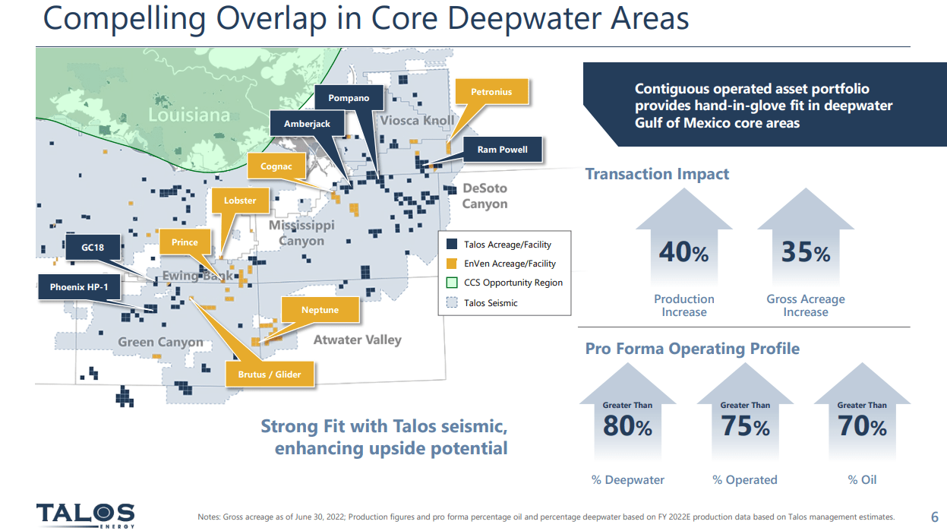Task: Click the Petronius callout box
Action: click(491, 92)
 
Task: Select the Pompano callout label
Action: click(349, 98)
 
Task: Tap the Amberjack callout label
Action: click(308, 124)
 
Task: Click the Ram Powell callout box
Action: click(502, 150)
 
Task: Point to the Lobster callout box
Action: click(240, 201)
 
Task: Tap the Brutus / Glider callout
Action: click(270, 374)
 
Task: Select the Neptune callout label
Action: click(320, 310)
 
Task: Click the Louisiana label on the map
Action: click(188, 115)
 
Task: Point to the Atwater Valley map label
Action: click(357, 340)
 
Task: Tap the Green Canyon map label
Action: click(160, 342)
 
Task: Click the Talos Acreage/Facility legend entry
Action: click(507, 245)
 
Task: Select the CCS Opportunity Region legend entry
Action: click(513, 283)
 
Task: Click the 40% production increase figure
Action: click(683, 252)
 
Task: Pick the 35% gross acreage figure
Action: click(805, 252)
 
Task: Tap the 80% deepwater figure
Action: click(627, 427)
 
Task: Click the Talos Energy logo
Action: click(85, 514)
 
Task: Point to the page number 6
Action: click(934, 515)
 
